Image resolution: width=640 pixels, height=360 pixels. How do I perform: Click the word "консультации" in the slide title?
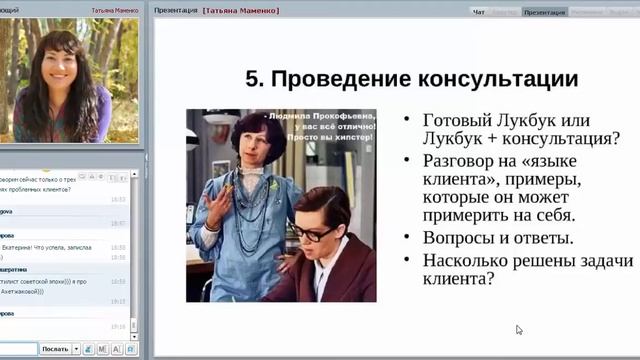pyautogui.click(x=498, y=78)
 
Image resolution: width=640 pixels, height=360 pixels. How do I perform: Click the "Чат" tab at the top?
pyautogui.click(x=479, y=12)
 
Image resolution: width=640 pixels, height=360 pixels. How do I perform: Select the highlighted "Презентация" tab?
pyautogui.click(x=543, y=12)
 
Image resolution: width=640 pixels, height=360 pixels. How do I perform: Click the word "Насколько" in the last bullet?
pyautogui.click(x=470, y=259)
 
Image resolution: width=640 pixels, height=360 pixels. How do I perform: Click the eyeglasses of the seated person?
pyautogui.click(x=314, y=232)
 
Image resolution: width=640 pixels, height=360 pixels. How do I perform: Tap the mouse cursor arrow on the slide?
pyautogui.click(x=519, y=329)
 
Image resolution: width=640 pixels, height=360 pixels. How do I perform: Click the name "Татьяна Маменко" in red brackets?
pyautogui.click(x=241, y=11)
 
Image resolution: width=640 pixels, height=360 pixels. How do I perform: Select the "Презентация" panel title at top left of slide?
pyautogui.click(x=174, y=11)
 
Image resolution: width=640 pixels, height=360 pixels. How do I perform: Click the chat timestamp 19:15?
pyautogui.click(x=117, y=300)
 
